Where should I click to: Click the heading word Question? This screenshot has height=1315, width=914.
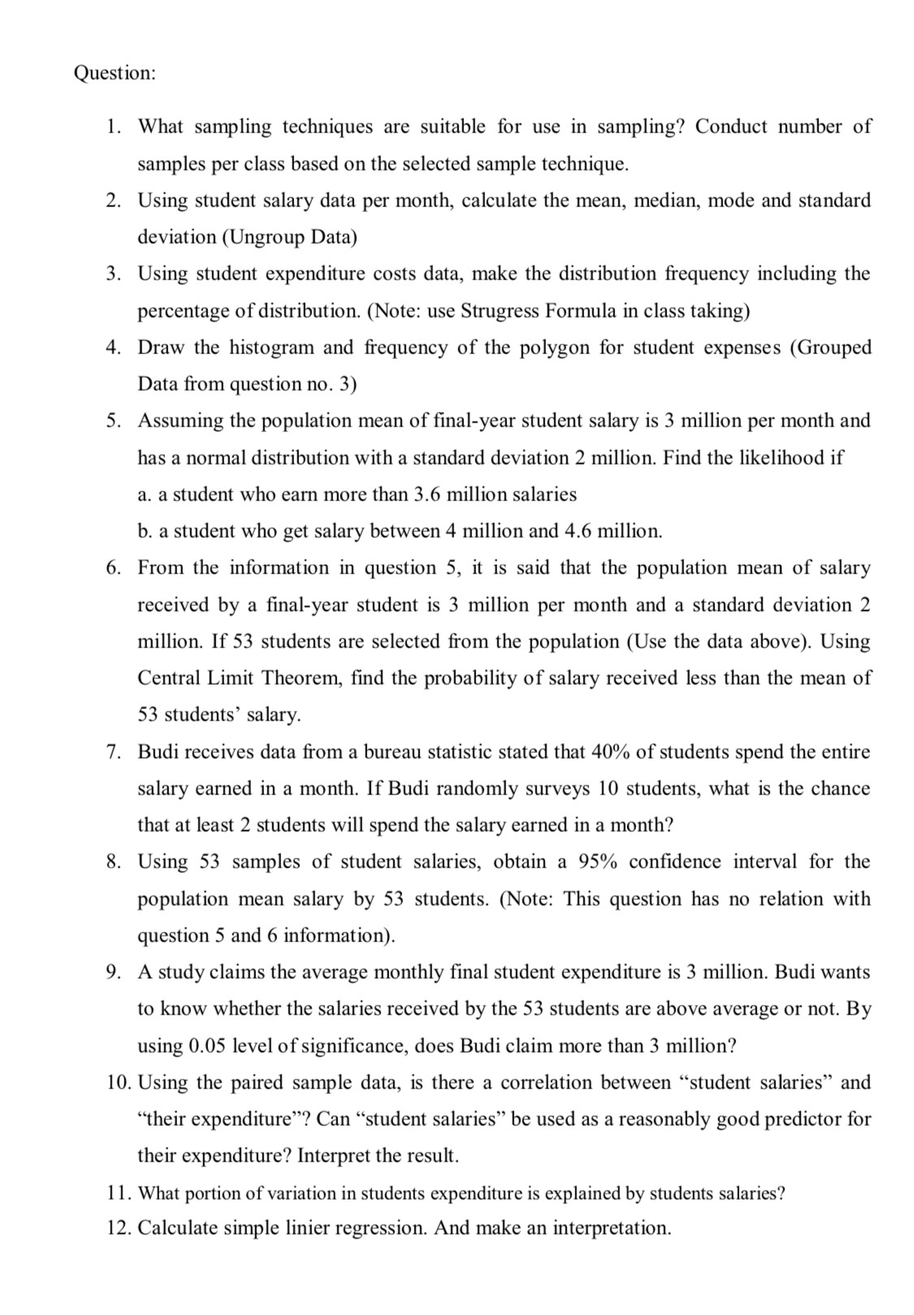click(115, 73)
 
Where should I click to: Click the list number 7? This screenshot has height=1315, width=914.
click(113, 752)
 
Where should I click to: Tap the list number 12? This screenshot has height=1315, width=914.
click(119, 1227)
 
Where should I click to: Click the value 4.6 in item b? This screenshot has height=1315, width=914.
click(580, 531)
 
